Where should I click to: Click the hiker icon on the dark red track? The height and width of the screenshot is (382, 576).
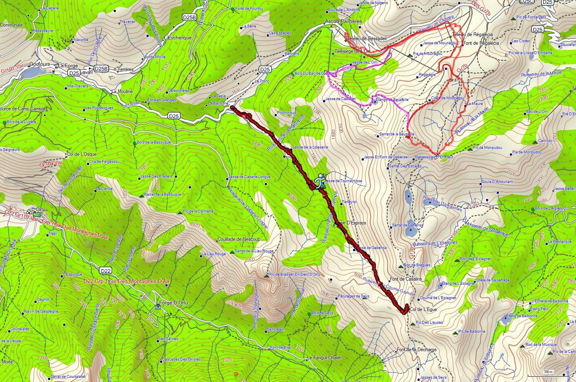coord(320,181)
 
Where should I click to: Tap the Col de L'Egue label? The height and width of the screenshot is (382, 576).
coord(423,309)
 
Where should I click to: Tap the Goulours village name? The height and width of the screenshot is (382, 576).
coord(40,64)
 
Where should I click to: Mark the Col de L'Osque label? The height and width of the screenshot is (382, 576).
coord(81,154)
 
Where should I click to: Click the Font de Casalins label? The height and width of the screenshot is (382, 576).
coord(406,279)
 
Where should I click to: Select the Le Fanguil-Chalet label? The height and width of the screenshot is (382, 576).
coord(324,358)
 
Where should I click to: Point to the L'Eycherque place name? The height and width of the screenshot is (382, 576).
coord(177,38)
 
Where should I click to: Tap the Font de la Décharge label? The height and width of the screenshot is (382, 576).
coord(417,350)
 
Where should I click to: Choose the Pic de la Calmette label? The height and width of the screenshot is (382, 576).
coord(199,211)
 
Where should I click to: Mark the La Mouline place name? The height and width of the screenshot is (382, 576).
coord(122,91)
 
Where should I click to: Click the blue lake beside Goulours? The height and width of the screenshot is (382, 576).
coord(32,73)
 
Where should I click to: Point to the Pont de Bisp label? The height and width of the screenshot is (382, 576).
coord(280,348)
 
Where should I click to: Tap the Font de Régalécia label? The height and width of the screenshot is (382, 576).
coord(481,43)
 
